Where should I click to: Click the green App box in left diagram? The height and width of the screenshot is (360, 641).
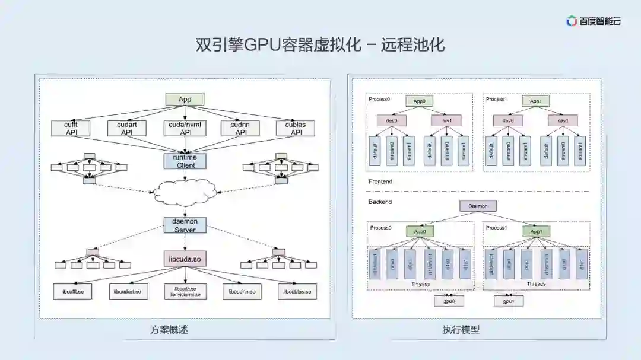185,100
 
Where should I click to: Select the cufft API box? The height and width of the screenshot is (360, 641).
71,129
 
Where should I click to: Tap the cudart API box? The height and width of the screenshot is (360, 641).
127,129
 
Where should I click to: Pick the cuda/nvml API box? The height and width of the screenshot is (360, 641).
185,129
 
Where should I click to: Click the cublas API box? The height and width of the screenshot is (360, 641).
295,129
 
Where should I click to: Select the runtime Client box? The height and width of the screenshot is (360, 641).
185,161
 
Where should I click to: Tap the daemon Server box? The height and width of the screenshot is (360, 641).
185,225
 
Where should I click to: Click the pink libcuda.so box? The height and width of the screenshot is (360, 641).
185,259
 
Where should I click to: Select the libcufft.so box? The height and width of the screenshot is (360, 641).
72,292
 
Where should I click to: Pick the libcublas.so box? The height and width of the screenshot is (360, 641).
297,292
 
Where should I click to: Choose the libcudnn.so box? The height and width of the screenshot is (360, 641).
242,292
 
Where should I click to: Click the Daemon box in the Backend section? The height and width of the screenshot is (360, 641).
478,206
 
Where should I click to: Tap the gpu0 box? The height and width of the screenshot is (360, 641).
449,301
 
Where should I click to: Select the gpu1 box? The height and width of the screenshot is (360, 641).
509,301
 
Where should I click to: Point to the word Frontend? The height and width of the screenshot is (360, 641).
380,181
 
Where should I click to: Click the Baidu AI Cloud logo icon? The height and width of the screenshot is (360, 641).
572,21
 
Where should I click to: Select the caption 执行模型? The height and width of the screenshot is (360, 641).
461,330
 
